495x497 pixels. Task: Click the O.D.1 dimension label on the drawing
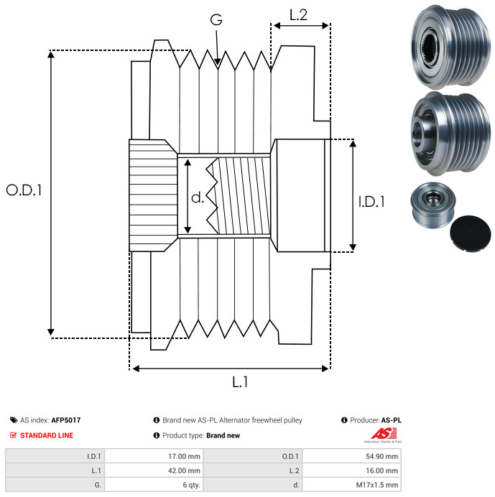pos(24,190)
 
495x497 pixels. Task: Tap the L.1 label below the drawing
pos(240,383)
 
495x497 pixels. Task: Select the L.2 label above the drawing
pos(298,15)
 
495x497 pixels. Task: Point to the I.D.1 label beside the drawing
pos(371,202)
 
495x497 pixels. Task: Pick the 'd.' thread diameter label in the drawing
pos(198,198)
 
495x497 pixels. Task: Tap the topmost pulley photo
pos(448,45)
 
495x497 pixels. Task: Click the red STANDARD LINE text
pos(47,435)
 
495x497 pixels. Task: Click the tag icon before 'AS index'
pos(14,420)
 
